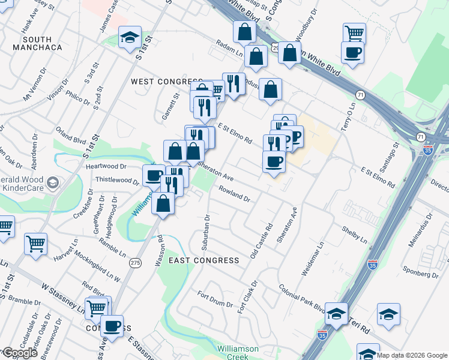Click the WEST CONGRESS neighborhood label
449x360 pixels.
click(x=166, y=82)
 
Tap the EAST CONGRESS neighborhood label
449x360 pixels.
click(x=204, y=260)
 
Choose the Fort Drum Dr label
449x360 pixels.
click(x=215, y=299)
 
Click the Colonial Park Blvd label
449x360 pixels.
click(x=302, y=298)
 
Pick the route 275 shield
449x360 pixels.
click(x=136, y=263)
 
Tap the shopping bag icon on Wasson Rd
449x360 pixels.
click(x=163, y=203)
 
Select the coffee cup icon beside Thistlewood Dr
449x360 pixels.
click(x=154, y=176)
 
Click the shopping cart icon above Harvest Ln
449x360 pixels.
click(x=35, y=244)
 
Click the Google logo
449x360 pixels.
click(x=20, y=353)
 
